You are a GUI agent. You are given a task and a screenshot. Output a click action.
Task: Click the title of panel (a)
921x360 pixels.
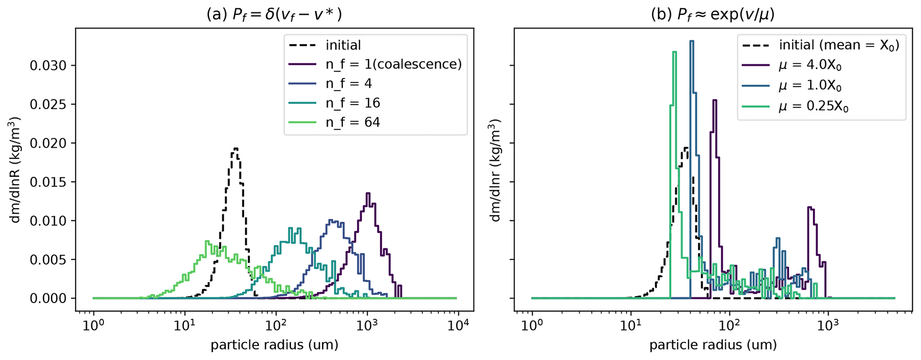(274, 15)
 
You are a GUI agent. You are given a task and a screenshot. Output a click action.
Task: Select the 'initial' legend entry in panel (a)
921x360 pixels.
(343, 45)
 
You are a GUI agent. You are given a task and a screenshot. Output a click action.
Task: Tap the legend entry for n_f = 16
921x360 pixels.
(352, 103)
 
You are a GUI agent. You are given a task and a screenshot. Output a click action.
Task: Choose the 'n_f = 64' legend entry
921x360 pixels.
(352, 122)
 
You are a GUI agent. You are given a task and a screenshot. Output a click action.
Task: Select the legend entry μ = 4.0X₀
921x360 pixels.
(810, 65)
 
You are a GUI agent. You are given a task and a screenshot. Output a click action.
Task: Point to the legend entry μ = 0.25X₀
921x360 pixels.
(813, 107)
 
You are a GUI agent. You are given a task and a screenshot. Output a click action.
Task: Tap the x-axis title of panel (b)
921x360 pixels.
(713, 345)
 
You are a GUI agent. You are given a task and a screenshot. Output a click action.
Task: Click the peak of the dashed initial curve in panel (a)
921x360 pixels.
(236, 148)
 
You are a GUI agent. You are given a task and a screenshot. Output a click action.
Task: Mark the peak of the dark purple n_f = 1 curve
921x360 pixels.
(368, 193)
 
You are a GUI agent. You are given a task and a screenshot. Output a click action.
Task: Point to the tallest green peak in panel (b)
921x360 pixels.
(674, 52)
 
